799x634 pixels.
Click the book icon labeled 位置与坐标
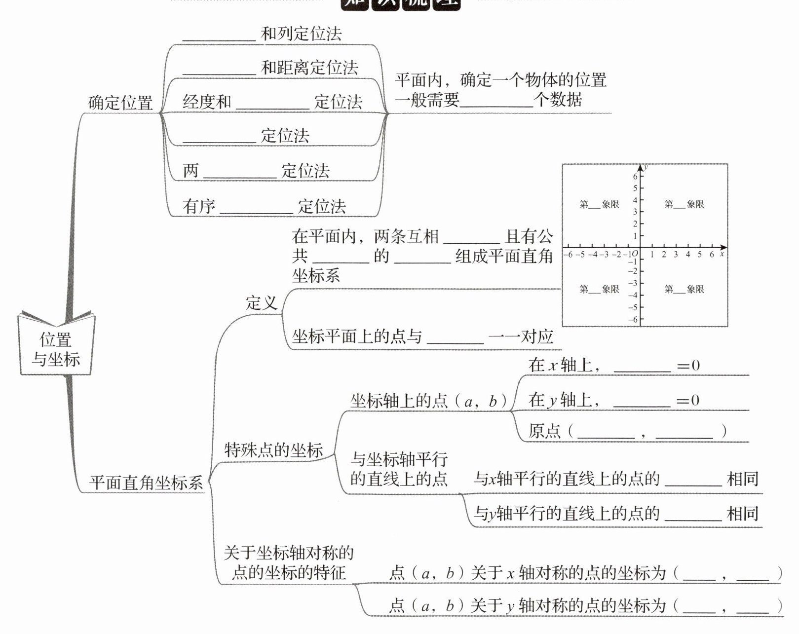[56, 345]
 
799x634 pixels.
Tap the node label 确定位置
[120, 103]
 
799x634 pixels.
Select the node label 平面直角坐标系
[146, 483]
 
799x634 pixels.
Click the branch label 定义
[262, 302]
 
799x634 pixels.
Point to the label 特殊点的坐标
[273, 450]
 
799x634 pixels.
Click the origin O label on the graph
[635, 254]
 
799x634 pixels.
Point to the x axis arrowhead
[723, 247]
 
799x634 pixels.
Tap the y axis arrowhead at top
[640, 167]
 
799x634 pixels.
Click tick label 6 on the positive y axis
[635, 176]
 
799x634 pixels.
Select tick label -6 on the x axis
[569, 255]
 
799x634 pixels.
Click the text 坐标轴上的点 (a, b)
[428, 401]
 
